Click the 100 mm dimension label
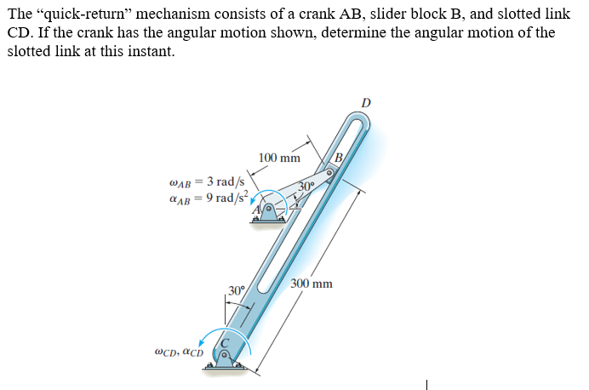click(279, 158)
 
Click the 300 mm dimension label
click(312, 284)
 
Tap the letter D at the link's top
click(366, 103)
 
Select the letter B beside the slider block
click(338, 156)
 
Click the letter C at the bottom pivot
click(225, 342)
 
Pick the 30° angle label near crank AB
click(307, 187)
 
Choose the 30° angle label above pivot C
click(236, 291)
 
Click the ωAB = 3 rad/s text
click(209, 181)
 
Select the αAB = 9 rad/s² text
click(209, 198)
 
